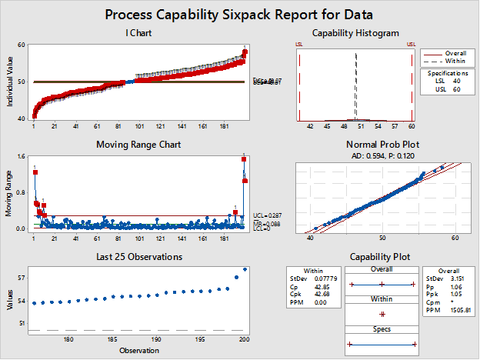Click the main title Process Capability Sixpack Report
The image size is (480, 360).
239,15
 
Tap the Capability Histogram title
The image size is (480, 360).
355,32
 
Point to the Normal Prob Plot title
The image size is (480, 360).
355,144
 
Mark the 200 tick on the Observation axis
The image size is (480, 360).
244,339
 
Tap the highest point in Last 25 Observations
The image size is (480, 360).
245,269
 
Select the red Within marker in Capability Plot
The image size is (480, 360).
382,314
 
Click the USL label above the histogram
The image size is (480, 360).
412,44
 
